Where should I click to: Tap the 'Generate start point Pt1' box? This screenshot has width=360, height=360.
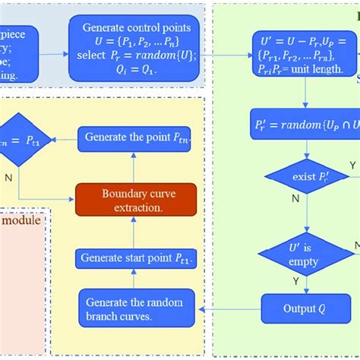[x=134, y=259]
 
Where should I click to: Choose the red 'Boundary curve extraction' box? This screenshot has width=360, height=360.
[x=134, y=198]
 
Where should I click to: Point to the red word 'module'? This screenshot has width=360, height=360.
[x=24, y=221]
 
